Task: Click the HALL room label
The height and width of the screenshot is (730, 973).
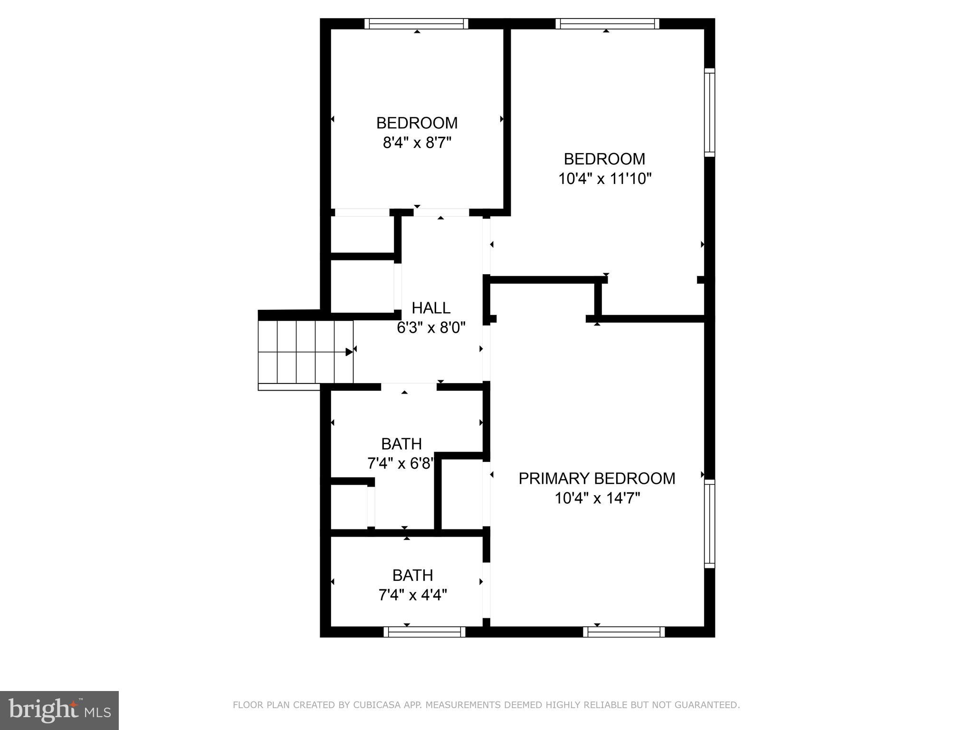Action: [x=431, y=308]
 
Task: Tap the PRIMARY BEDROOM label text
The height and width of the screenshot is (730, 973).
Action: [x=597, y=478]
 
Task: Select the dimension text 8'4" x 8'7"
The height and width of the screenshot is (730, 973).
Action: [x=417, y=143]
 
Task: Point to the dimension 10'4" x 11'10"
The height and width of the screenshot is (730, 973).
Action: [x=604, y=179]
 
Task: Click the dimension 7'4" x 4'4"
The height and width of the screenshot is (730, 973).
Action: [x=412, y=595]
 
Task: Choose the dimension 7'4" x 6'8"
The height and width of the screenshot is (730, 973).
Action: [x=401, y=463]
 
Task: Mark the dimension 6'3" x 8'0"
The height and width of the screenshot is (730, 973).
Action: [x=431, y=327]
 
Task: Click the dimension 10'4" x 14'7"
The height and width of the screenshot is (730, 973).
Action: [x=597, y=498]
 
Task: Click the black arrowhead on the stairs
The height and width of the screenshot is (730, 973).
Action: [x=349, y=352]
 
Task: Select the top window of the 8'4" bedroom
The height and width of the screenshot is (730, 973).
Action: [x=417, y=24]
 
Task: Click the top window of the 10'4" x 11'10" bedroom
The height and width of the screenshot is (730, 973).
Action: [x=607, y=24]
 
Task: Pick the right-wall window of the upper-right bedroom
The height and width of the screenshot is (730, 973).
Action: [x=709, y=112]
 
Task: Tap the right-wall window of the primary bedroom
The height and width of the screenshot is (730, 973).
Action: [x=709, y=523]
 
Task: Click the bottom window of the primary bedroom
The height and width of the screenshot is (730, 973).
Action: [x=624, y=632]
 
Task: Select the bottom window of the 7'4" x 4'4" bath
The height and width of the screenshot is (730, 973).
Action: [x=424, y=632]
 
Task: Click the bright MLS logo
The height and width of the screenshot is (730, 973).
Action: [x=59, y=710]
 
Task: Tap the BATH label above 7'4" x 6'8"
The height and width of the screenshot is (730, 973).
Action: [x=401, y=444]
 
